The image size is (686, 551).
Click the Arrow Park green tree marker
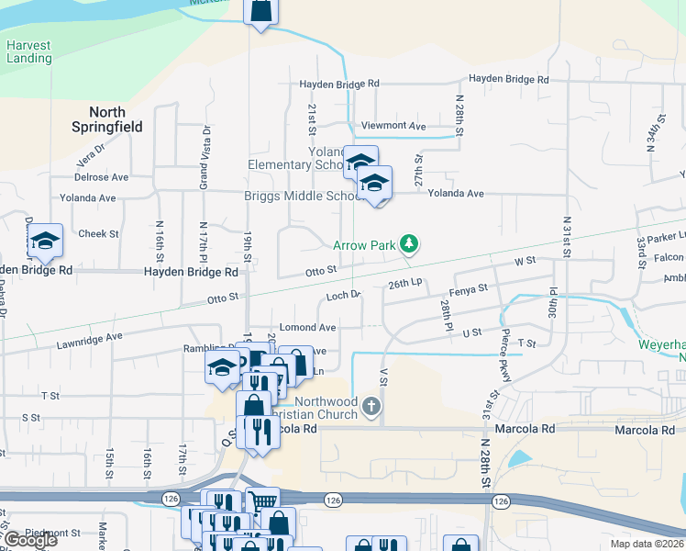point(410,244)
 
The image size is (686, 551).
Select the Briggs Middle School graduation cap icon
point(374,183)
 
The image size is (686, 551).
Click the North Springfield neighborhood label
point(108,119)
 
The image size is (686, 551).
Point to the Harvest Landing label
point(28,51)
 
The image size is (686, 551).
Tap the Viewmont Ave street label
point(394,126)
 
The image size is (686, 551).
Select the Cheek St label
point(99,234)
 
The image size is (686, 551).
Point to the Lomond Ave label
point(308,327)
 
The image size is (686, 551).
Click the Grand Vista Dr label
point(205,158)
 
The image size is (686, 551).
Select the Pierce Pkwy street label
point(505,349)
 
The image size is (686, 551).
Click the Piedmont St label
point(53,533)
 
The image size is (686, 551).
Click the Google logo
point(30,540)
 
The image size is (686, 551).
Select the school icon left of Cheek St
point(45,241)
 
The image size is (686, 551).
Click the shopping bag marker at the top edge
point(260,11)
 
